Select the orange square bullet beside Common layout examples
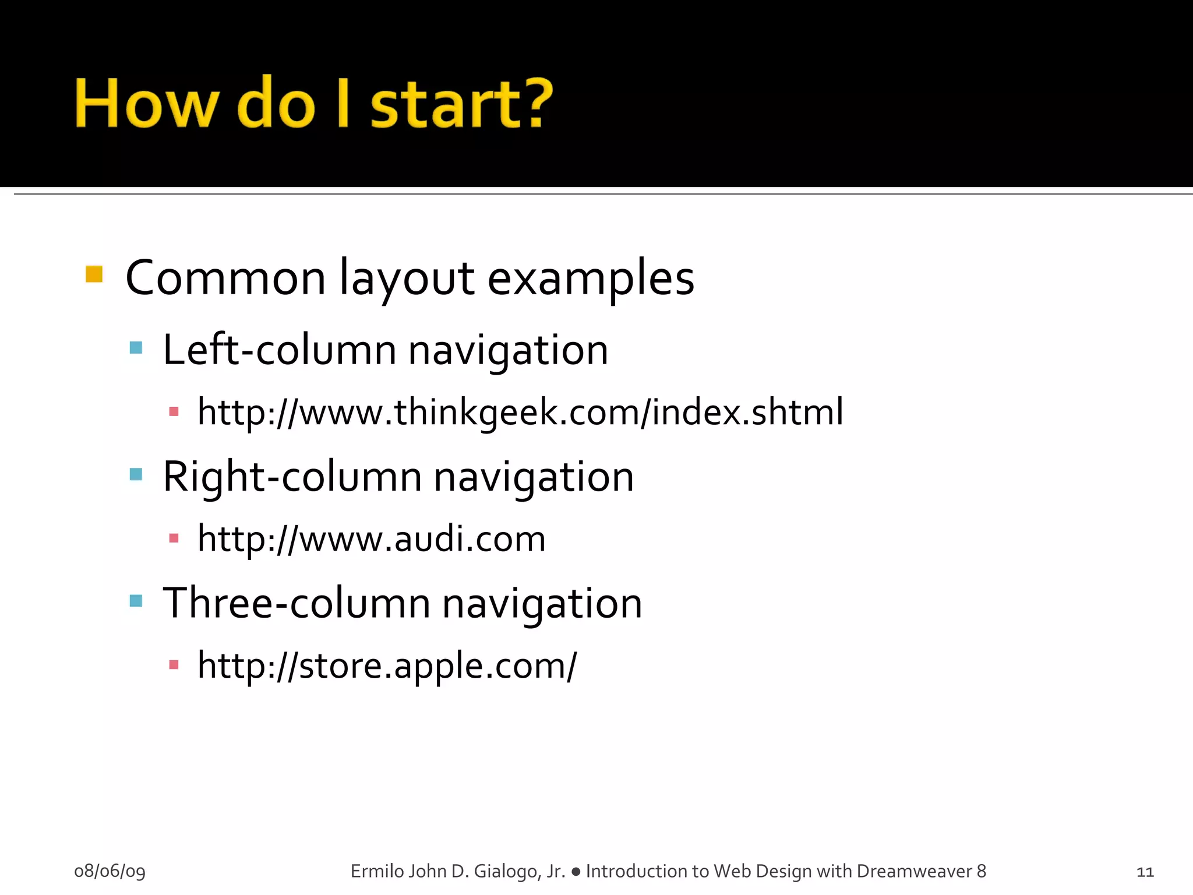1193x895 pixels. tap(94, 274)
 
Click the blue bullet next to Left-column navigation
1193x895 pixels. tap(136, 348)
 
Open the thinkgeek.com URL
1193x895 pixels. tap(520, 413)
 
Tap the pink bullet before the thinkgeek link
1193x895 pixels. tap(174, 412)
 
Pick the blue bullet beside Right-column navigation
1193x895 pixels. tap(136, 474)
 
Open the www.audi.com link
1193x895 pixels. tap(372, 539)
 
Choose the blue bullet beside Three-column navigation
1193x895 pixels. tap(136, 601)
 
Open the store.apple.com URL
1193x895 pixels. tap(387, 665)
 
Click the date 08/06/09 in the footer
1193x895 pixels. tap(110, 871)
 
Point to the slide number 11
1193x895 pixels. tap(1145, 872)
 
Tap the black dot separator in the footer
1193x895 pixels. tap(576, 872)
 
